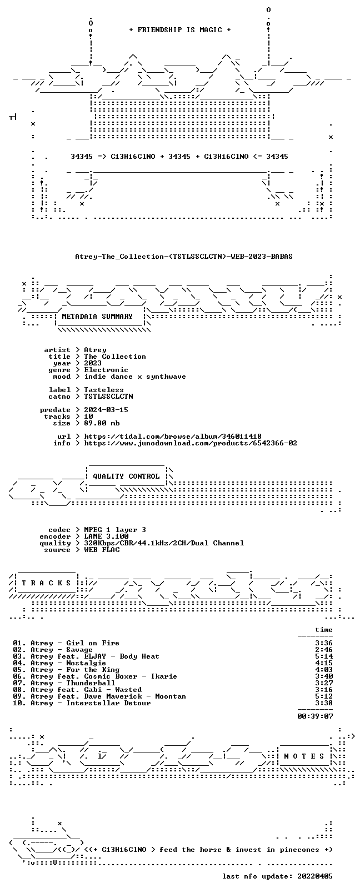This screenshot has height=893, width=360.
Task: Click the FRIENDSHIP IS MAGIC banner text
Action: point(180,30)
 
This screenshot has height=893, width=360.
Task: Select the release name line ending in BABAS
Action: point(184,257)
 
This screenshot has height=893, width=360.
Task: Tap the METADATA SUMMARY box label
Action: point(97,317)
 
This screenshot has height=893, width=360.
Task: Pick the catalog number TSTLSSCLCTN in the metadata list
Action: point(108,397)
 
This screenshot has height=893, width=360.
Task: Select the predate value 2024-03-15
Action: point(106,410)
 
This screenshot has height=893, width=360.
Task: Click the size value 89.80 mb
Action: point(102,423)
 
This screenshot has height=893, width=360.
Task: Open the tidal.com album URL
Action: point(173,437)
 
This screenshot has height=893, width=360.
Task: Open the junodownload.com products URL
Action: point(191,443)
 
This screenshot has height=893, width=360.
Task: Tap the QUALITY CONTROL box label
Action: point(126,476)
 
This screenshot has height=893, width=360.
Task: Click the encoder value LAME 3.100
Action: point(106,536)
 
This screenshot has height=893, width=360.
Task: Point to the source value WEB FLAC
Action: point(102,550)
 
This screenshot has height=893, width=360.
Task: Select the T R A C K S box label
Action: point(46,583)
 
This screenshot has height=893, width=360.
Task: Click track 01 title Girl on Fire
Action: point(92,643)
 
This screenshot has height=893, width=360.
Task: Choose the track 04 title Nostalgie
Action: point(86,663)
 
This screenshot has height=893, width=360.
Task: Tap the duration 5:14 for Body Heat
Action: point(324,656)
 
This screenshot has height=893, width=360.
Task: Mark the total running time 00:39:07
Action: point(315,716)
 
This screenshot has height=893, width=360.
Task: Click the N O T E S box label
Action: point(304,756)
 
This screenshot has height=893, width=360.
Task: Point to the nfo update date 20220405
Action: point(315,876)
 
